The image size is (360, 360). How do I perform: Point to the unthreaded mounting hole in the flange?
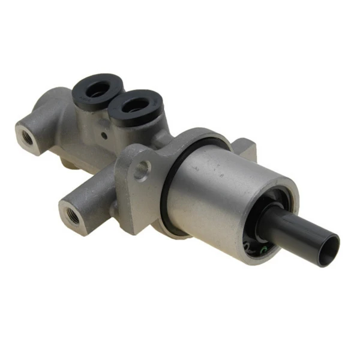coord(142,170)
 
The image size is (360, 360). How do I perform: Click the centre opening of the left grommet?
coord(96,90)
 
